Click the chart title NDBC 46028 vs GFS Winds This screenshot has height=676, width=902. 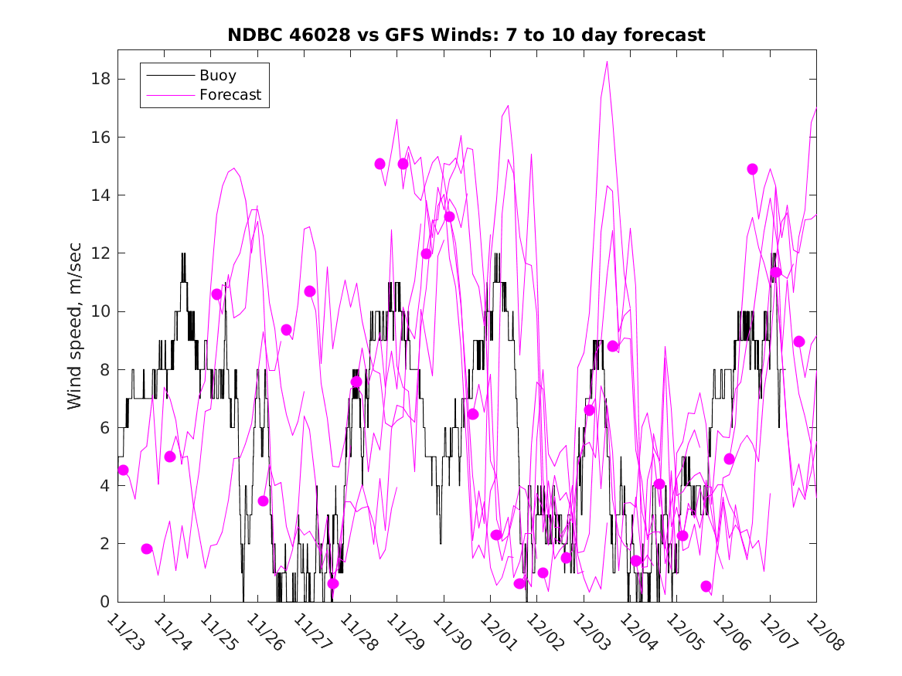466,35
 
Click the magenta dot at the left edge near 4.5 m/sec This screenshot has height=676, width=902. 123,470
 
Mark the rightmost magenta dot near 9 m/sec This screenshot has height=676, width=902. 799,341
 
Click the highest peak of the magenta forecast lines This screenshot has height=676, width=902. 608,62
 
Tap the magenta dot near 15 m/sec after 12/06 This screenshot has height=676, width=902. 752,169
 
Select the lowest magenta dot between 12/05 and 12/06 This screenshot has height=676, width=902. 706,586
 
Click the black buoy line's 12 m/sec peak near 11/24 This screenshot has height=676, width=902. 183,253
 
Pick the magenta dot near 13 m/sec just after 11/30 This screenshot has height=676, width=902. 449,216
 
